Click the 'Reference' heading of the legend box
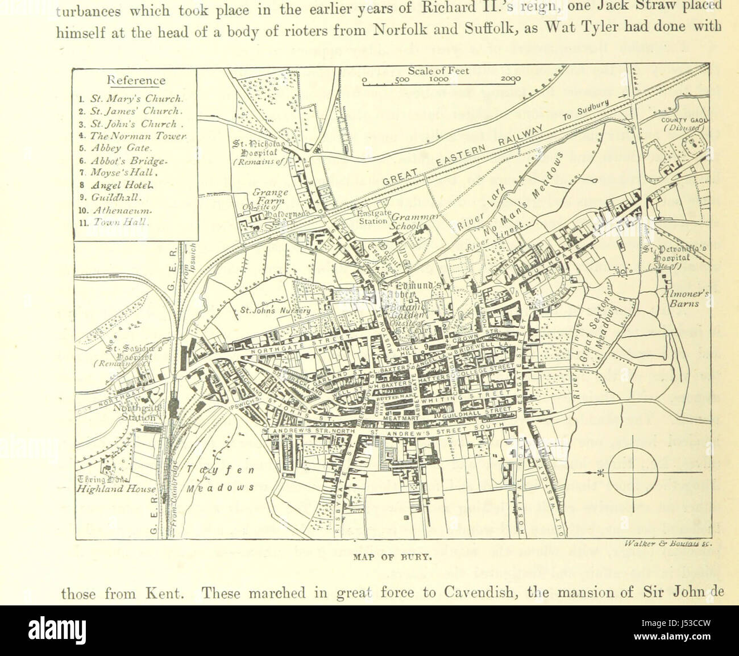pyautogui.click(x=136, y=81)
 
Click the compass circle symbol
pyautogui.click(x=633, y=472)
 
